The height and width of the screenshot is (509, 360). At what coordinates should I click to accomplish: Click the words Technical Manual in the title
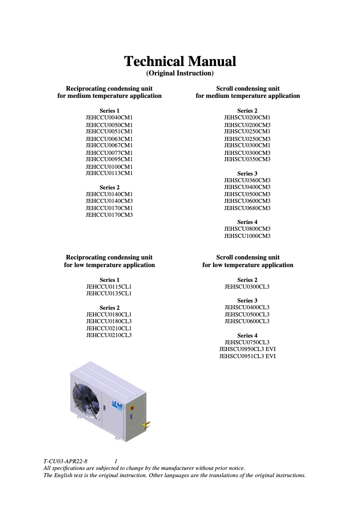pyautogui.click(x=180, y=61)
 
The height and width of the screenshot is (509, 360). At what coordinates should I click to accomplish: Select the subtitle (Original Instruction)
pyautogui.click(x=180, y=73)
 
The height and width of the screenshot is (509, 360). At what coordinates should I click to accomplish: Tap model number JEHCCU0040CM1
pyautogui.click(x=109, y=118)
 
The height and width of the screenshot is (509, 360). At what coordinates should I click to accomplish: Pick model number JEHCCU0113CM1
pyautogui.click(x=109, y=173)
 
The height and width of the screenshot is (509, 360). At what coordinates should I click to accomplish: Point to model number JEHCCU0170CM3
pyautogui.click(x=109, y=215)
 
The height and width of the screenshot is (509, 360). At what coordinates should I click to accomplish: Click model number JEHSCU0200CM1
pyautogui.click(x=247, y=118)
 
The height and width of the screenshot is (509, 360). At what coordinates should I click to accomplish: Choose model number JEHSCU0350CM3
pyautogui.click(x=247, y=159)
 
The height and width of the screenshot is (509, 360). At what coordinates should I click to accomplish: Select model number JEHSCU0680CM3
pyautogui.click(x=247, y=208)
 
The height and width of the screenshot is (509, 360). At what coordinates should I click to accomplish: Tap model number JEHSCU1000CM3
pyautogui.click(x=247, y=236)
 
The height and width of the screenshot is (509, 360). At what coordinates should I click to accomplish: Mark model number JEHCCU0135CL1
pyautogui.click(x=109, y=294)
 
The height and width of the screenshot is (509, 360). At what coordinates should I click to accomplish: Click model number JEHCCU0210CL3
pyautogui.click(x=109, y=335)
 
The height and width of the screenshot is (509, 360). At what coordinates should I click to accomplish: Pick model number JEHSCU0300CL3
pyautogui.click(x=247, y=286)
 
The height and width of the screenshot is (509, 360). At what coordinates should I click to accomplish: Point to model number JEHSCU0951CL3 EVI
pyautogui.click(x=247, y=356)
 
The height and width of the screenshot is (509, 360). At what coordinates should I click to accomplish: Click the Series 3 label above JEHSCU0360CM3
pyautogui.click(x=247, y=174)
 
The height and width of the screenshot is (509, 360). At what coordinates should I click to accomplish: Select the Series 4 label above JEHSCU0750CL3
pyautogui.click(x=247, y=336)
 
